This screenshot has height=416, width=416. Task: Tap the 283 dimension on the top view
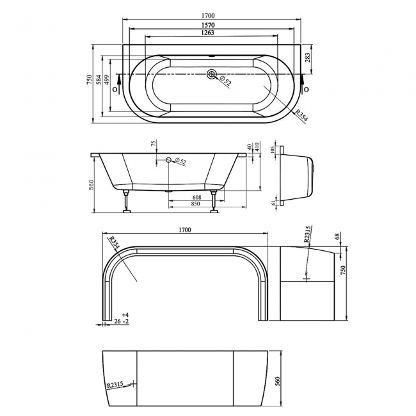coord(308,58)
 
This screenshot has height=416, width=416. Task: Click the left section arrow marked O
coord(116,89)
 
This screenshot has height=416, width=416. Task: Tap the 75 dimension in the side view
coord(154,145)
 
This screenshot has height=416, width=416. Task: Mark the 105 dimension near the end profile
coord(273,150)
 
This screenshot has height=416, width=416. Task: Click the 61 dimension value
coord(273,203)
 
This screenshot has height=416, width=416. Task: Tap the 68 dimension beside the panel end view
coord(337,237)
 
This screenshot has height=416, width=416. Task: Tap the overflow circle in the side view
coord(169,160)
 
